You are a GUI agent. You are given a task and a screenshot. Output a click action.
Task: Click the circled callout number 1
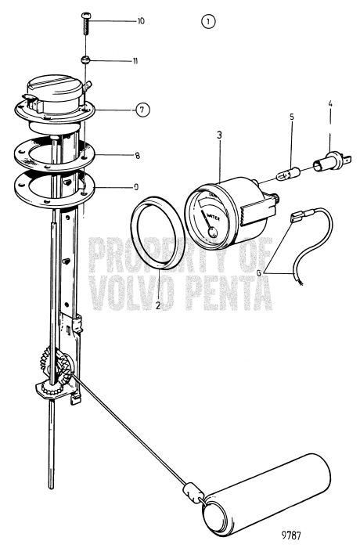click(207, 23)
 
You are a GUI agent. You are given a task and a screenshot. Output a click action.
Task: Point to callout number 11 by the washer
click(135, 60)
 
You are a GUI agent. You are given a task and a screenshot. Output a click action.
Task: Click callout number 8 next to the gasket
click(137, 156)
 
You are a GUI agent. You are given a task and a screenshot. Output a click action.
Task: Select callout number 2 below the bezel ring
click(157, 306)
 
